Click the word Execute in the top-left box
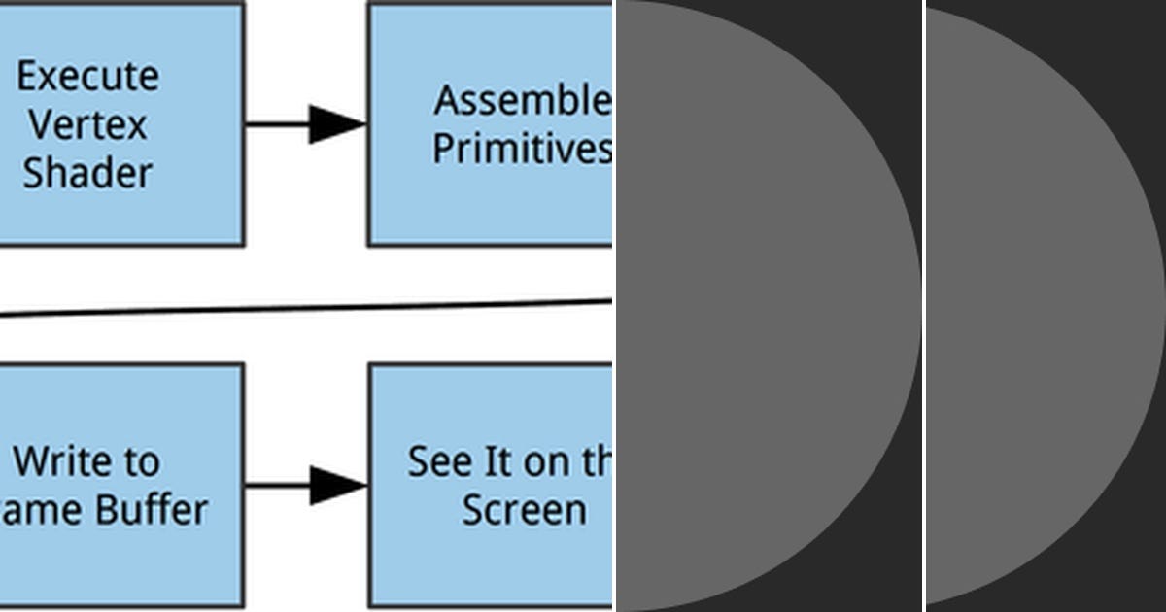tap(87, 77)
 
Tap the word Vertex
tap(87, 124)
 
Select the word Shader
tap(87, 173)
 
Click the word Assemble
tap(522, 100)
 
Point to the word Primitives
tap(522, 149)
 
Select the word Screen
tap(524, 510)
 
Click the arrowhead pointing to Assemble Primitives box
tap(336, 124)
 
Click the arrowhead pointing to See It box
tap(336, 485)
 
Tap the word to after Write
tap(137, 461)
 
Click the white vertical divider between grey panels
tap(923, 306)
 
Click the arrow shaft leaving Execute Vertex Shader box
tap(276, 124)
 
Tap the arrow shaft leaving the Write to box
tap(276, 485)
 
